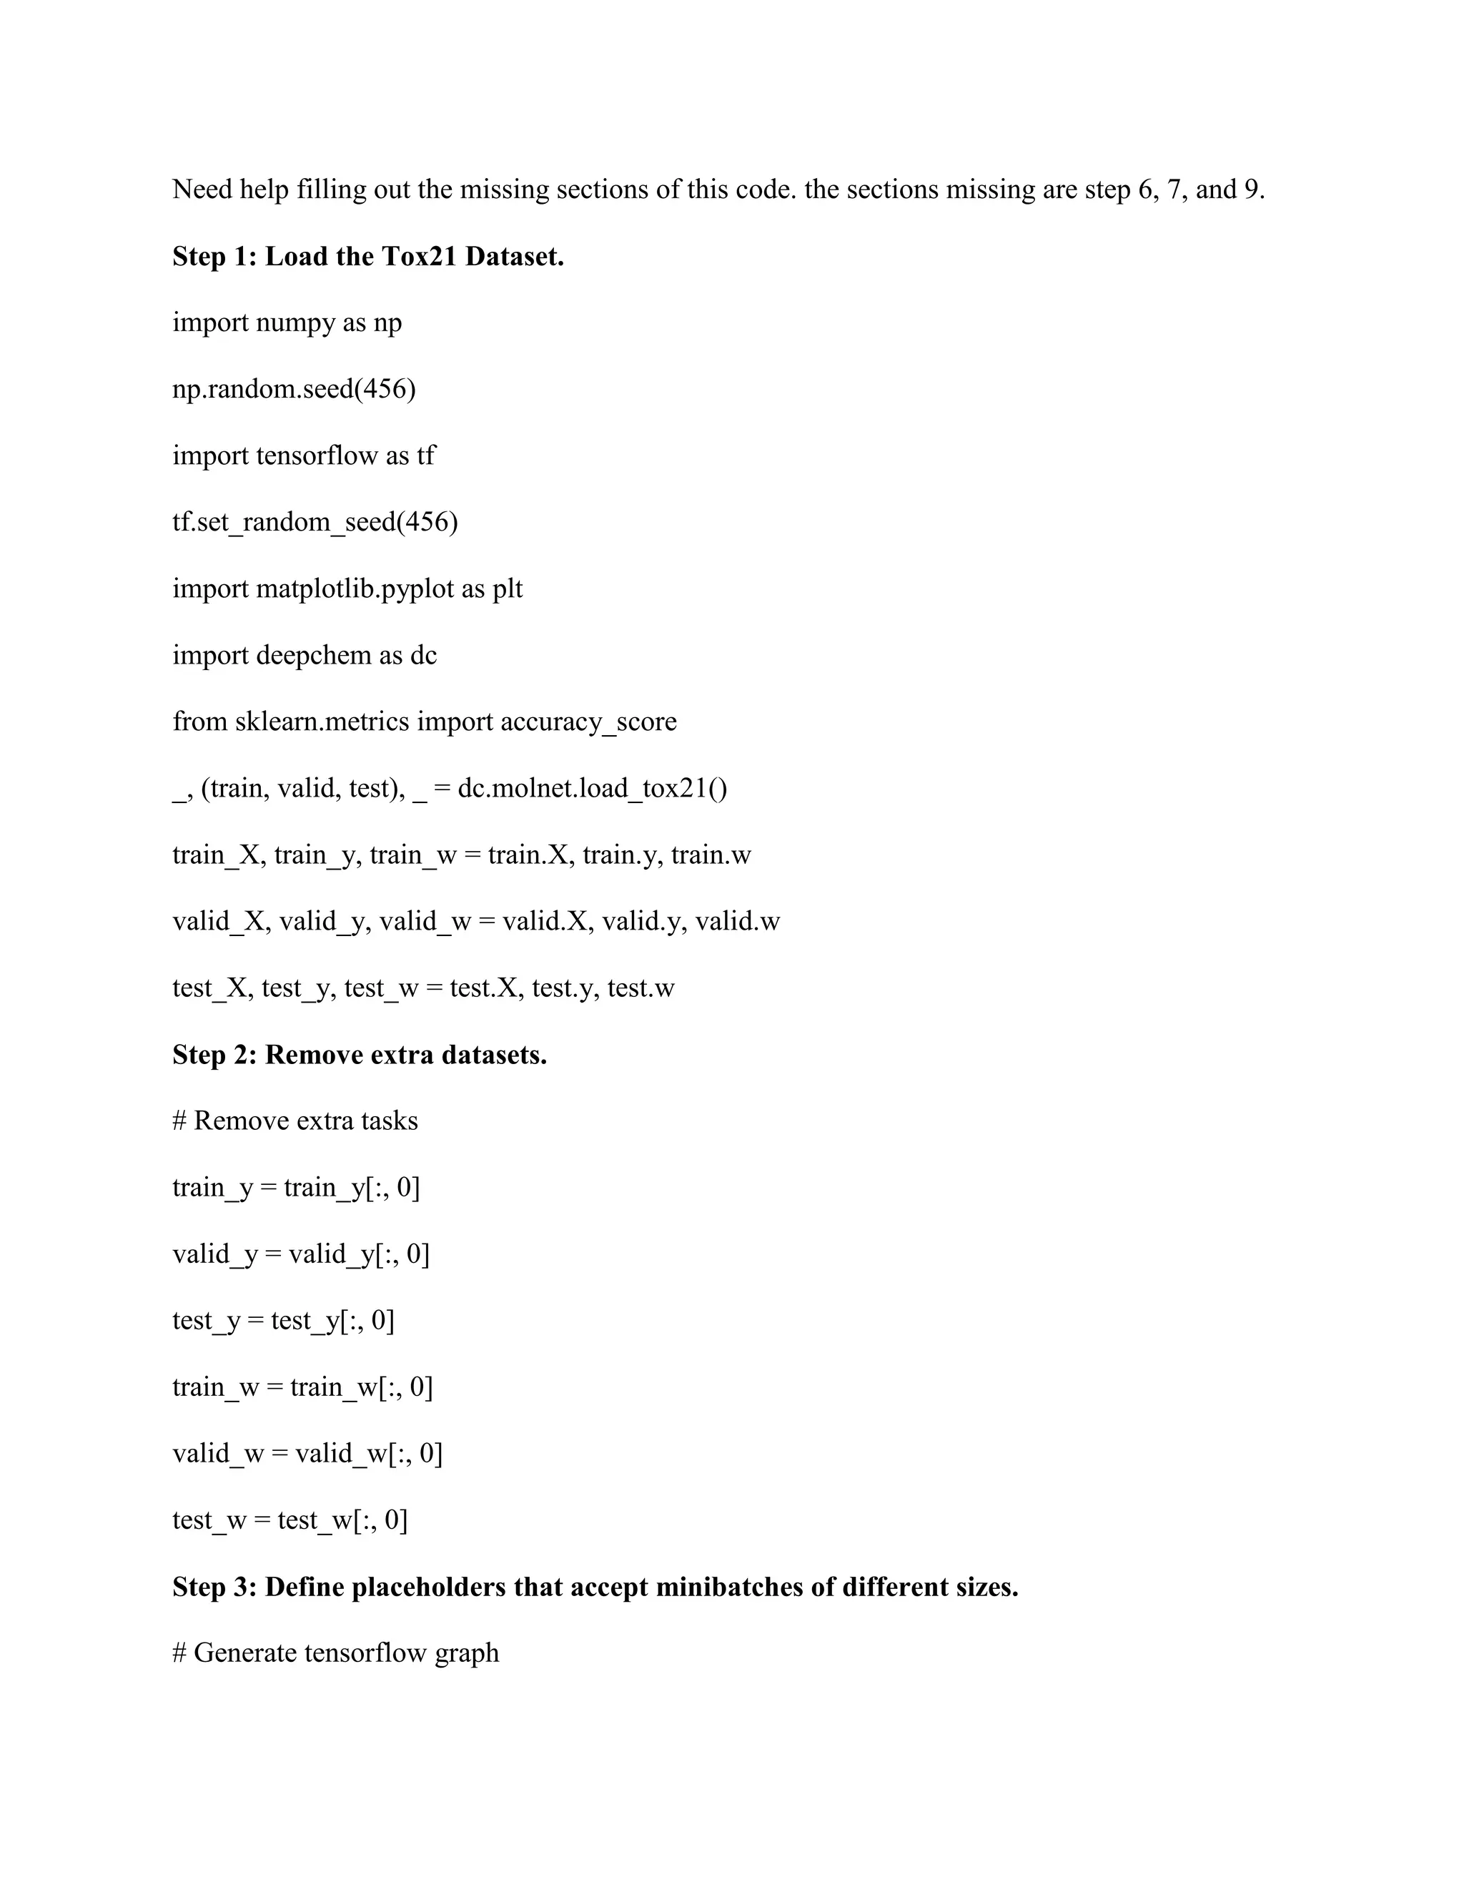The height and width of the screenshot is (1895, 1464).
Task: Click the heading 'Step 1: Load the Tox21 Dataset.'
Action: click(x=367, y=257)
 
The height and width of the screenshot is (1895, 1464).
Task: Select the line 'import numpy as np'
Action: click(x=287, y=323)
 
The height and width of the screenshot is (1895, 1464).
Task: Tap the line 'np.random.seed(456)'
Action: click(x=294, y=389)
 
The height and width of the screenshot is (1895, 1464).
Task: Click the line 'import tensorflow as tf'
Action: click(x=304, y=456)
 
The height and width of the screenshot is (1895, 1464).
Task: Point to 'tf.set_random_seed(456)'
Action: click(x=315, y=522)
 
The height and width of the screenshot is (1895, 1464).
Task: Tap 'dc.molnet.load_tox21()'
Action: click(x=593, y=789)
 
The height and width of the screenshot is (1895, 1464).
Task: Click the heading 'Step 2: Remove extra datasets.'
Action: click(x=359, y=1055)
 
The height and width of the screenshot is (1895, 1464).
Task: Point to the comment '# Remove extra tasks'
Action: click(x=295, y=1121)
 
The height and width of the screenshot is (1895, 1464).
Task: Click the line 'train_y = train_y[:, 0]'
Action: click(x=296, y=1188)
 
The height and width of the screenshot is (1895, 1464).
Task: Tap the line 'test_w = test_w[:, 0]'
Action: click(x=290, y=1520)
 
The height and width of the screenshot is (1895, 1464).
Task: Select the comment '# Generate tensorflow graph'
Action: click(x=336, y=1653)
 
